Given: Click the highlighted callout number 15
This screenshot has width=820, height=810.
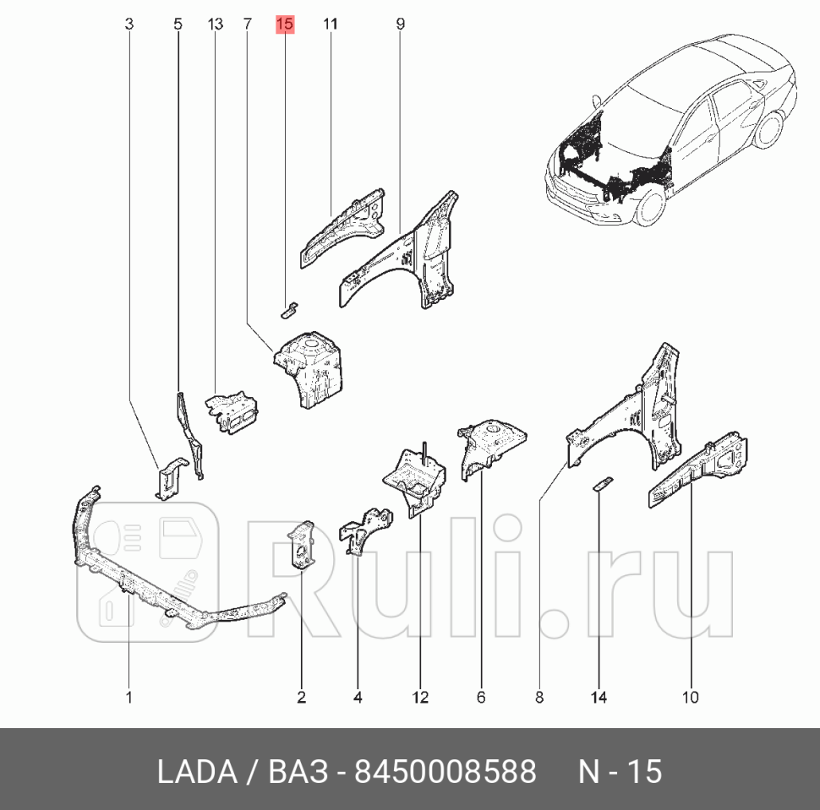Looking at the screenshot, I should [x=285, y=24].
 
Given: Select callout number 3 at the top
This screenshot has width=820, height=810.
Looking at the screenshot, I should [x=128, y=24].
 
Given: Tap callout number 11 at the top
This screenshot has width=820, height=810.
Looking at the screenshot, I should [x=330, y=24].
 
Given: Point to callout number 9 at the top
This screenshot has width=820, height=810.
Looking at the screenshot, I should [x=400, y=24].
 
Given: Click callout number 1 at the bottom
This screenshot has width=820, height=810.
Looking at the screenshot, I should [x=128, y=697].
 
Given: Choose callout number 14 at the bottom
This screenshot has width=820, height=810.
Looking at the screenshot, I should [x=599, y=697].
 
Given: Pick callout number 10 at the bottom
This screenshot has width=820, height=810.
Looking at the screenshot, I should [x=691, y=697].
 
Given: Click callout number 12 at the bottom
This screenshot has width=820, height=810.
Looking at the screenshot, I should [x=420, y=697].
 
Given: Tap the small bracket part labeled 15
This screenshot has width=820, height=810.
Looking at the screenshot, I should [x=288, y=307].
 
